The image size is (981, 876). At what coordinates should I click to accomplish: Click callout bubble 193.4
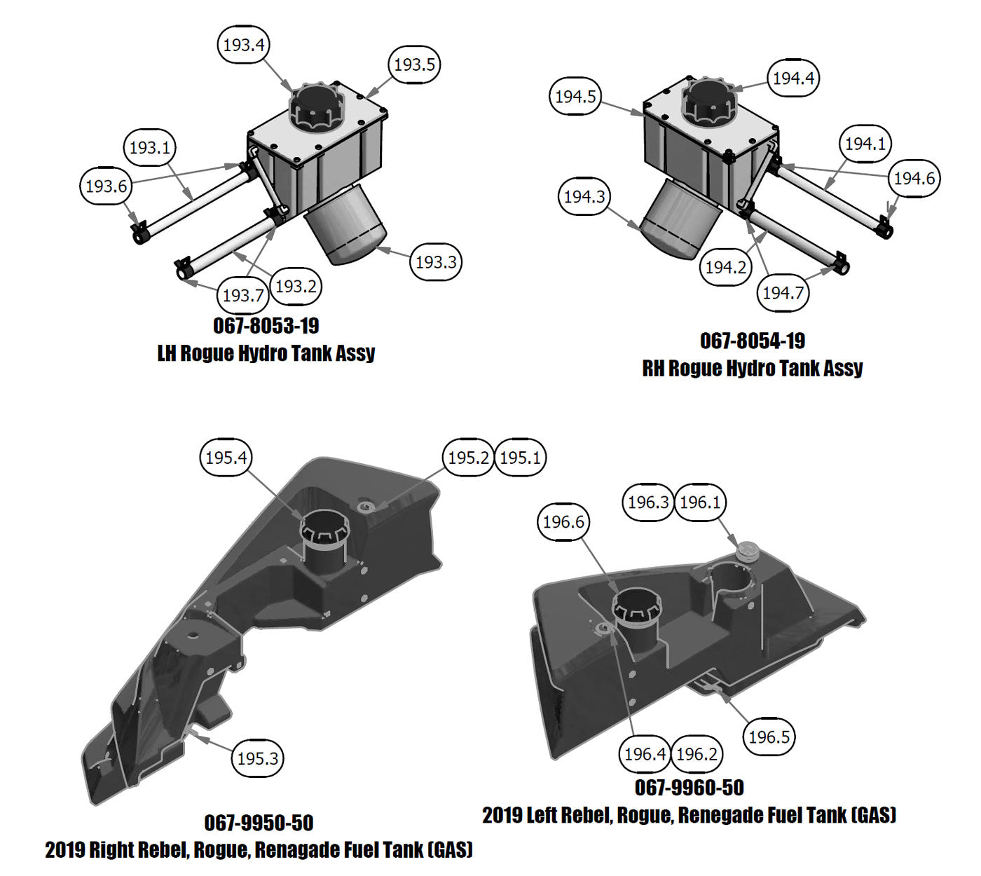click(243, 45)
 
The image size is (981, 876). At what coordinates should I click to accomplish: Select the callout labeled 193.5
click(414, 65)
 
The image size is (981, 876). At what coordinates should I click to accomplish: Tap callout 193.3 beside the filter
click(436, 262)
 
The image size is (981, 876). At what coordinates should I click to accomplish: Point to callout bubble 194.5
click(575, 97)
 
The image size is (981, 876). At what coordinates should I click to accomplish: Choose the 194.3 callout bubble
click(584, 197)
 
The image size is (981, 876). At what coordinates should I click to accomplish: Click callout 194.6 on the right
click(914, 179)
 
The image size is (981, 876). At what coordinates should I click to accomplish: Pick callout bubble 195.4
click(226, 458)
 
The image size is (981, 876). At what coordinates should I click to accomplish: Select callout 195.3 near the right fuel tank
click(258, 758)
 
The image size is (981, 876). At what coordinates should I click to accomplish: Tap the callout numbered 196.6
click(563, 522)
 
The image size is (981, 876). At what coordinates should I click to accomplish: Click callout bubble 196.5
click(769, 737)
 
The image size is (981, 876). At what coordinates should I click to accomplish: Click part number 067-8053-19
click(266, 326)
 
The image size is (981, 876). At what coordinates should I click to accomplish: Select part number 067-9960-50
click(690, 788)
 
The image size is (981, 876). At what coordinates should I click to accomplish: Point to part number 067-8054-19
click(753, 341)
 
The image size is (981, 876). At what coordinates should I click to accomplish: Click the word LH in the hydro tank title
click(167, 353)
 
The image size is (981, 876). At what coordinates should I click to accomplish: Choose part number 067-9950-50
click(259, 823)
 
